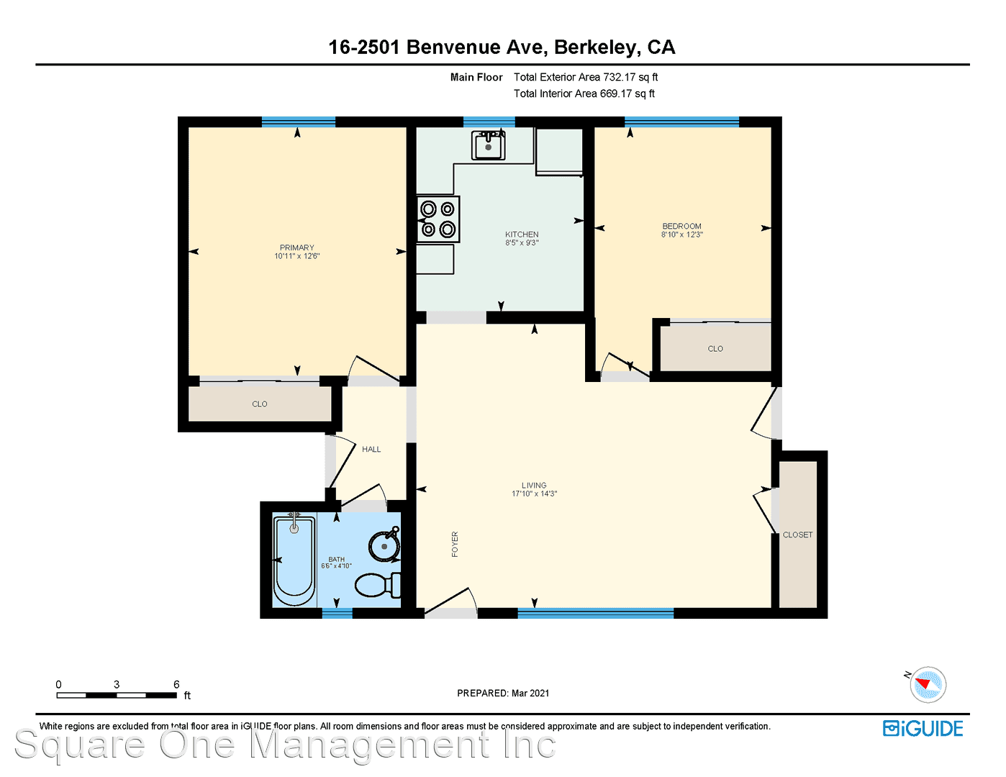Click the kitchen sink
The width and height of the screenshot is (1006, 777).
pos(488,145)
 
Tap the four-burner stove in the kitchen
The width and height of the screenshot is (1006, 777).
pos(438,219)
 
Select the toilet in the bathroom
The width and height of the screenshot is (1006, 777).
pos(378,585)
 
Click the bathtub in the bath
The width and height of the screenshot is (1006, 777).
pos(294,559)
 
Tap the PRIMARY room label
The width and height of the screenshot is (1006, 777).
pos(296,247)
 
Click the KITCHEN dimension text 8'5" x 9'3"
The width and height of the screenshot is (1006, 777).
pos(522,242)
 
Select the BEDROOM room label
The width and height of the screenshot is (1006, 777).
pos(681,226)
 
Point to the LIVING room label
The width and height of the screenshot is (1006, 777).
pos(534,485)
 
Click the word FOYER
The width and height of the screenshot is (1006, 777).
pos(455,544)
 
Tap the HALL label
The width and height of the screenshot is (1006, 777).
pos(371,449)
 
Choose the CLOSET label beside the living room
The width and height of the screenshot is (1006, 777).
pos(797,535)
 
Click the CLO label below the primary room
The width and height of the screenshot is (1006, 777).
pos(259,404)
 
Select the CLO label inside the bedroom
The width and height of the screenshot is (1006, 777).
pos(715,348)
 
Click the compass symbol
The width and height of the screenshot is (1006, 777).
pos(928,684)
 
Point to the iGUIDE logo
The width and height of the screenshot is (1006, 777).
pos(923,728)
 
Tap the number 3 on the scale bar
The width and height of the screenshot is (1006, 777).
pos(117,684)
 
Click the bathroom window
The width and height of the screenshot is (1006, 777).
pos(337,613)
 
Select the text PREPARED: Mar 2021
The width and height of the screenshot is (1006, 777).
pos(503,693)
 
